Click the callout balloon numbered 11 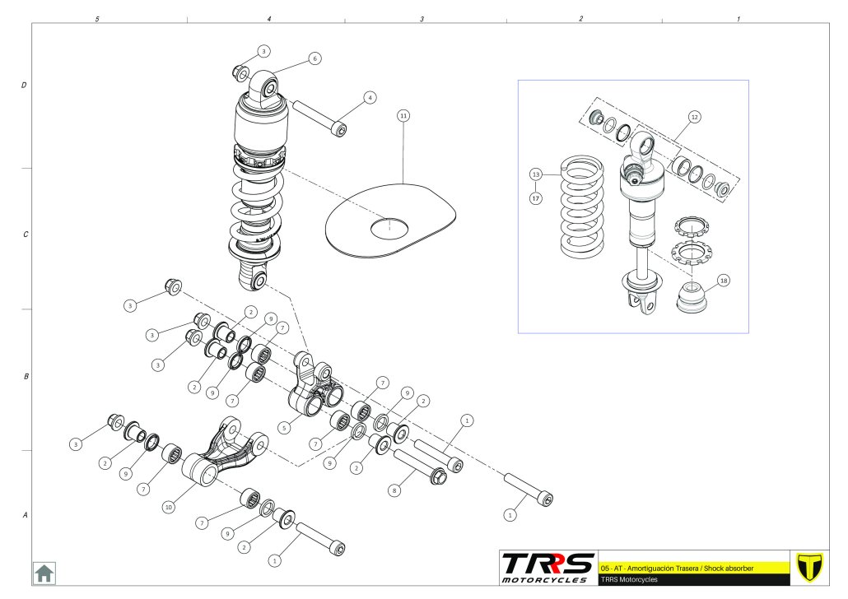point(403,116)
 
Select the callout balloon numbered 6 point(315,58)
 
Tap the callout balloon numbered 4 point(370,97)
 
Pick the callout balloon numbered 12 point(694,117)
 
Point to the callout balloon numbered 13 point(535,174)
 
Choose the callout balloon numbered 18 point(723,280)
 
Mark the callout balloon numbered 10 point(168,508)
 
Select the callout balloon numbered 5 point(284,428)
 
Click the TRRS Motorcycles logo point(548,567)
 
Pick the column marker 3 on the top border point(422,18)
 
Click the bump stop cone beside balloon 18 point(692,298)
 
